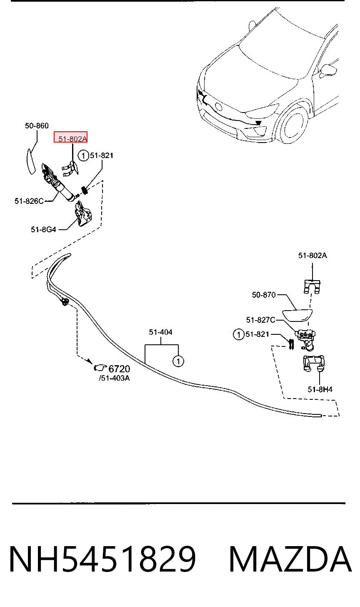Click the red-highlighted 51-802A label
click(x=72, y=139)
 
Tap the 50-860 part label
click(x=37, y=126)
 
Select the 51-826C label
click(x=29, y=201)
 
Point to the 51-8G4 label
click(x=43, y=230)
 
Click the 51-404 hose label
click(x=161, y=332)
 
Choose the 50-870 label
click(x=264, y=295)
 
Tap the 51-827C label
click(x=260, y=320)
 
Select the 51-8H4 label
click(x=320, y=389)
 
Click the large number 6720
click(x=119, y=369)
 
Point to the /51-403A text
click(x=114, y=378)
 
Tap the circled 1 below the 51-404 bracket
click(x=178, y=361)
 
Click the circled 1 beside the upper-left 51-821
click(x=83, y=156)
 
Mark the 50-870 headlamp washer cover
click(x=297, y=316)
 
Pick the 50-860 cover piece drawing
click(x=31, y=161)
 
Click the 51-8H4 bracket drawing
click(x=313, y=363)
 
